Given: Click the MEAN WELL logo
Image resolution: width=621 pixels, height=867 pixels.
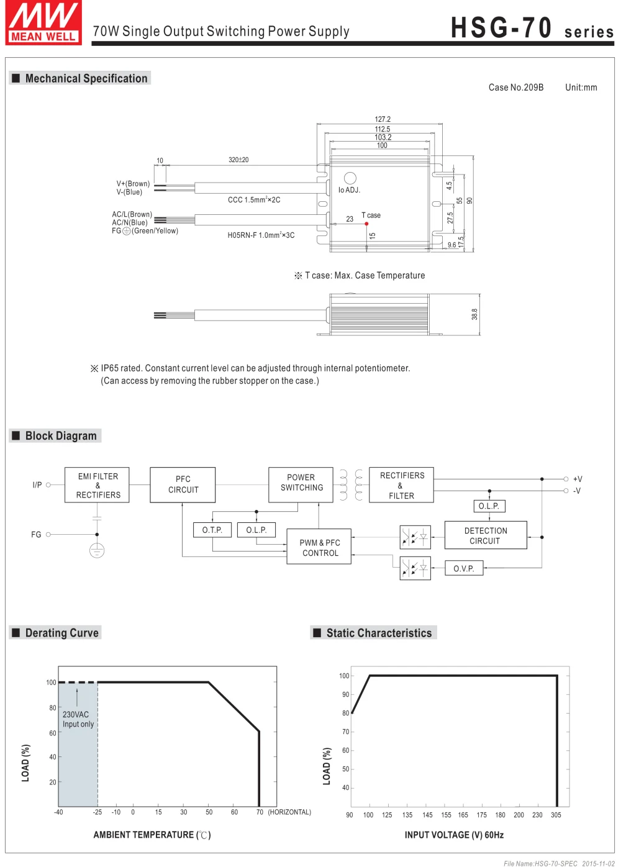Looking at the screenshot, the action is coord(43,22).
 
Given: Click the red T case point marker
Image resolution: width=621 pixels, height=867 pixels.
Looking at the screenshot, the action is coord(366,224).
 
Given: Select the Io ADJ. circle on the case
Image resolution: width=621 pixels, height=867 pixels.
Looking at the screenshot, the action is coord(350,178).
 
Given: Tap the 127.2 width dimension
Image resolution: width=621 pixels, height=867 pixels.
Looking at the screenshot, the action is coord(383,119).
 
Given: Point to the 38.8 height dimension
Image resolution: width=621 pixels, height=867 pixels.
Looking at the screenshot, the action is coord(474,314).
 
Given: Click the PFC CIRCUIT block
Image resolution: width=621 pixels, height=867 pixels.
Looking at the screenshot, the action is coord(183,484).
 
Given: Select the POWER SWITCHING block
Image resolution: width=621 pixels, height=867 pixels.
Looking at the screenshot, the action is coord(301,484).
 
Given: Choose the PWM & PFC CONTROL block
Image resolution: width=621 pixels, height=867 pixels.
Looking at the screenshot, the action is coord(319,546).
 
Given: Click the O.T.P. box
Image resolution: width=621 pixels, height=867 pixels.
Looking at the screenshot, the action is coord(212,530).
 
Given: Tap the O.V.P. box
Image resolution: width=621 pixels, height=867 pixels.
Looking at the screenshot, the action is coord(464,568).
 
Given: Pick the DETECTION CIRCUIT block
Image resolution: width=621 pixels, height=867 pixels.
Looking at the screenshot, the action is coord(486,535).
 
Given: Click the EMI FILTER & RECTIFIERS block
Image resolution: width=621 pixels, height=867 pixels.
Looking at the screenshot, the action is coord(97,484).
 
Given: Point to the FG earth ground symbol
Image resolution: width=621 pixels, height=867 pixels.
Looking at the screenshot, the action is coord(97,550).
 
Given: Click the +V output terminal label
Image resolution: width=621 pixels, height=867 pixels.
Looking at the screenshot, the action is coord(578,479).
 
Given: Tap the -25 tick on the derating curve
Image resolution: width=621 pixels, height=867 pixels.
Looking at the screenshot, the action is coord(97,812).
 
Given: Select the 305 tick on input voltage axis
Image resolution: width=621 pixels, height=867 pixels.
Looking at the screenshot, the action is coord(556,815).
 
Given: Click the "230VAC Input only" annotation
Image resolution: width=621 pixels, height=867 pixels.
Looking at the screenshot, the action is coord(78,719).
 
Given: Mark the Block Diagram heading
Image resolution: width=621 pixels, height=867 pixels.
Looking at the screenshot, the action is coord(61,436).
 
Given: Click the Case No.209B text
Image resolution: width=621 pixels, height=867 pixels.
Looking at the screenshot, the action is coord(516,88).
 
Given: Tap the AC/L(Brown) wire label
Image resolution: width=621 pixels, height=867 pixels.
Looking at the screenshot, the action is coord(132,214).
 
